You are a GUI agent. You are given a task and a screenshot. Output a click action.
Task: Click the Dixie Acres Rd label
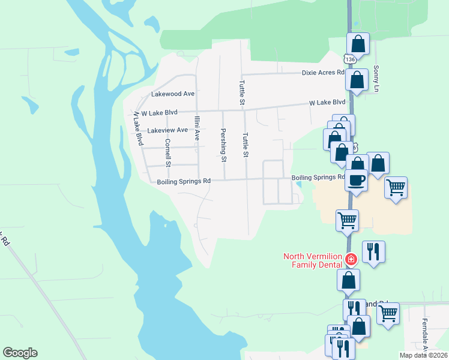[x=323, y=73]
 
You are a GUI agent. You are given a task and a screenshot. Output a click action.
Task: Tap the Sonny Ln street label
[x=376, y=79]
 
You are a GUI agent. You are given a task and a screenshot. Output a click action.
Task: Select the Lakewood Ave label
[x=173, y=94]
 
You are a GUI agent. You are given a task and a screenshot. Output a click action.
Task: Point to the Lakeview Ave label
[x=167, y=130]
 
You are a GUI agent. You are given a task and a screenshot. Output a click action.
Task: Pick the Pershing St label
[x=223, y=145]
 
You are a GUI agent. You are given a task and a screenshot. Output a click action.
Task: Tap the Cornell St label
[x=168, y=152]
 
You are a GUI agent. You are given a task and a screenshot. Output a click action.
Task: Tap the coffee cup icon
[x=357, y=181]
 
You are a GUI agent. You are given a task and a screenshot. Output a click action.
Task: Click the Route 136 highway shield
[x=349, y=60]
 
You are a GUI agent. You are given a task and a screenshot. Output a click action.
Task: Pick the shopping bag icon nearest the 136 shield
[x=358, y=44]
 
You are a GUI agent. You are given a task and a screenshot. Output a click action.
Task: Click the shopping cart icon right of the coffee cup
[x=396, y=188]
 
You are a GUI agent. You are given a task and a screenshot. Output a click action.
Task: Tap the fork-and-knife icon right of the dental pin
[x=373, y=252]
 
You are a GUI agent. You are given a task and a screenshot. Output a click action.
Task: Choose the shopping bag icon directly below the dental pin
[x=349, y=280]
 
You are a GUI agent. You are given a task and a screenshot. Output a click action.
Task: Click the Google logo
[x=20, y=353]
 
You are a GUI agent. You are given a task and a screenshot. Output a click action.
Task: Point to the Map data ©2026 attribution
[x=423, y=355]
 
